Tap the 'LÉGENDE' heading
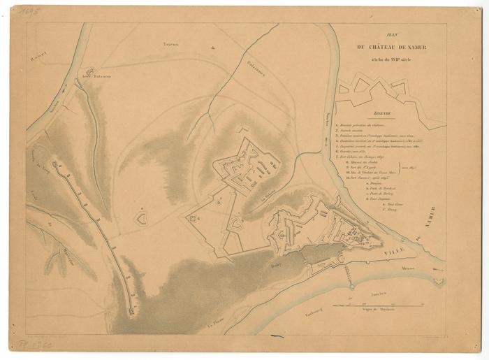382,113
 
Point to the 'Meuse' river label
407,268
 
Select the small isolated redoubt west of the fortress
141,218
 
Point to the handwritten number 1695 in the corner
29,12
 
